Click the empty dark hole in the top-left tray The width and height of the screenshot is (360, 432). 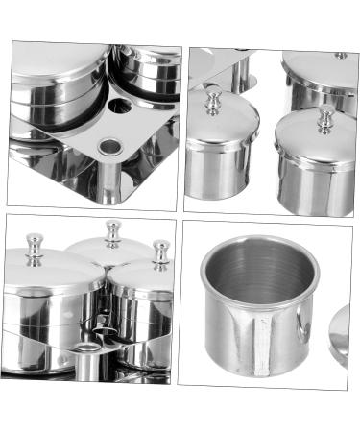click(120, 104)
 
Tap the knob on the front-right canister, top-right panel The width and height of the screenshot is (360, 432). click(325, 119)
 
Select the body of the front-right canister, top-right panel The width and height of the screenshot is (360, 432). click(314, 182)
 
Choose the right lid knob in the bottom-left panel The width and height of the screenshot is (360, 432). click(160, 252)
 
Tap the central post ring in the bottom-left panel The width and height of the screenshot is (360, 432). click(88, 346)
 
